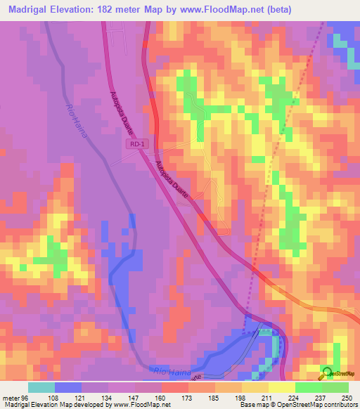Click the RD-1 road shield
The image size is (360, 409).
click(x=137, y=144)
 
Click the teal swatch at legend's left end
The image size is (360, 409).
click(x=41, y=387)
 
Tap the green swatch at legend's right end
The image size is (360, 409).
click(x=335, y=387)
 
